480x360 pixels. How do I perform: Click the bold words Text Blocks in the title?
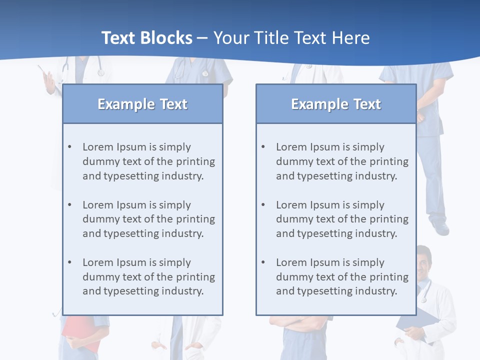(x=146, y=38)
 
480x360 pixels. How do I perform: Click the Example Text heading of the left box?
(x=142, y=104)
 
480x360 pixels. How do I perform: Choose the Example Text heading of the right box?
(x=336, y=104)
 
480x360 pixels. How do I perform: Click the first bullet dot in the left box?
(x=70, y=147)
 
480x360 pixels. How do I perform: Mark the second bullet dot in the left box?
(x=70, y=205)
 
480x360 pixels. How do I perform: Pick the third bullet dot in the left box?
(x=70, y=262)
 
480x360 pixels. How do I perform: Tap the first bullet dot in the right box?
(x=263, y=147)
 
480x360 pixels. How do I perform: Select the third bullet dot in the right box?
(x=263, y=262)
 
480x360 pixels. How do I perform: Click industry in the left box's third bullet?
(x=182, y=291)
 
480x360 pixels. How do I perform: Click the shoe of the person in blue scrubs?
(x=440, y=228)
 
